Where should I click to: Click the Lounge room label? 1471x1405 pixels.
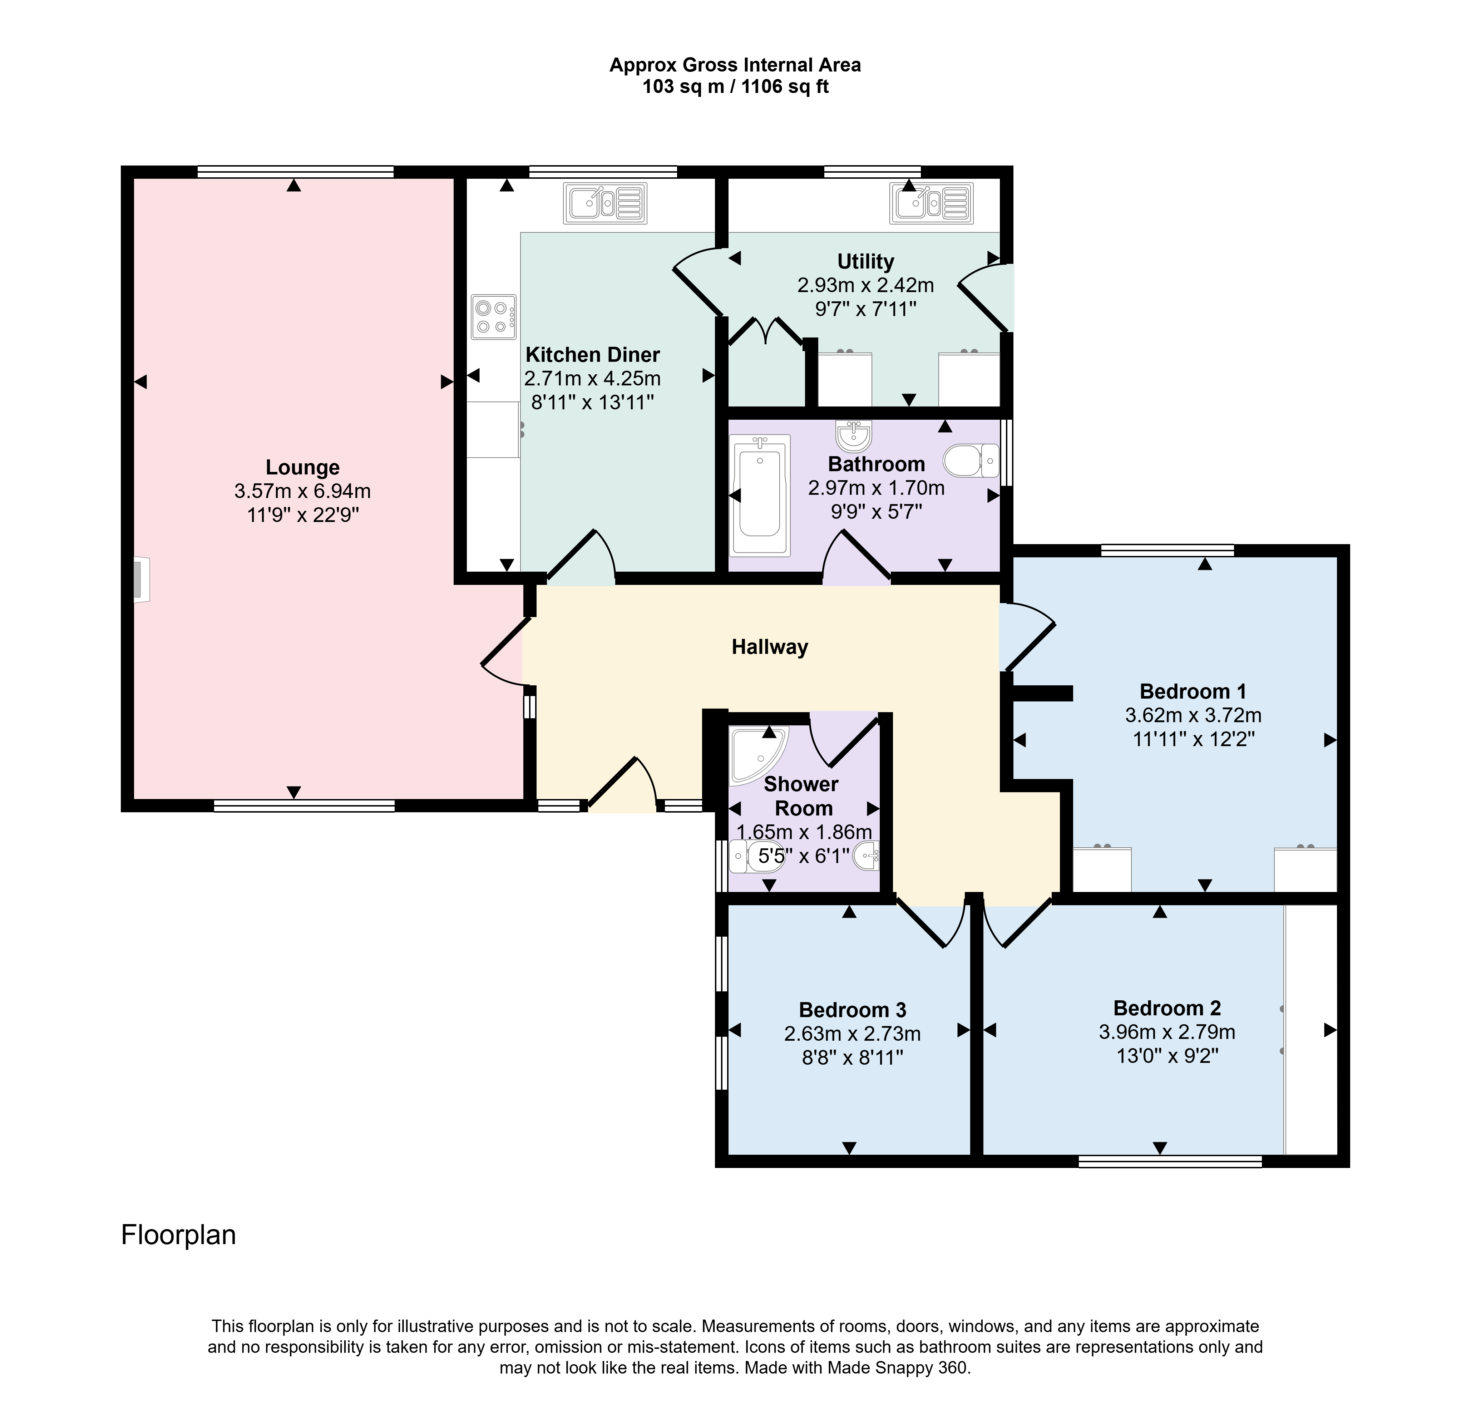click(302, 467)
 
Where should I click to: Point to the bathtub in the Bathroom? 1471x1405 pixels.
click(760, 496)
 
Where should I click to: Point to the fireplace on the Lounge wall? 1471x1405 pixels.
click(141, 579)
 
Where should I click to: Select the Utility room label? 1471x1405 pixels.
click(866, 261)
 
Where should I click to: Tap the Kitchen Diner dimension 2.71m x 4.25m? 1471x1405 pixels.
click(592, 378)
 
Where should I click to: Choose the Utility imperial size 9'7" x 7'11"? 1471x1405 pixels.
click(866, 309)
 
